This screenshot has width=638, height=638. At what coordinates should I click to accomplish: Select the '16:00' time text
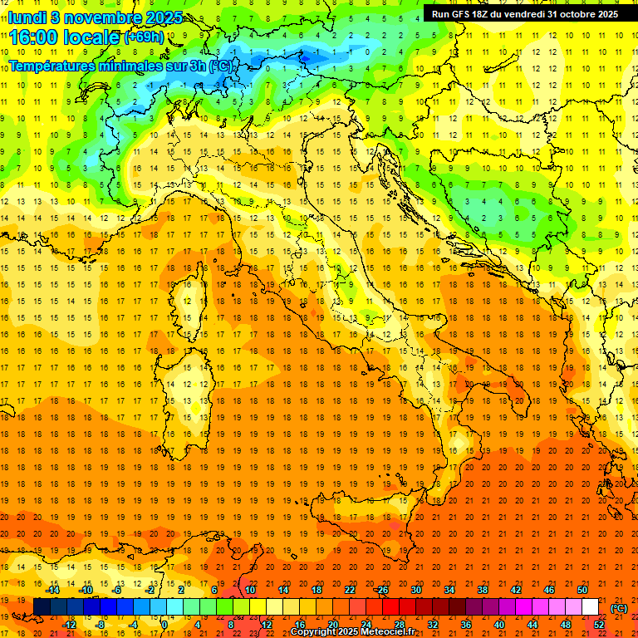point(35,37)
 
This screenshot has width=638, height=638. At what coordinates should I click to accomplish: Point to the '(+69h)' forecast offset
point(144,37)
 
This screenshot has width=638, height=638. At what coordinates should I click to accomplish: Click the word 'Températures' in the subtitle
point(52,65)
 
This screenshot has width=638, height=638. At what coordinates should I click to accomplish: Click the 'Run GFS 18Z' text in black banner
point(466,13)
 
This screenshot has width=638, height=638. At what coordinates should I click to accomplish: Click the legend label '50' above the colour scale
point(582,590)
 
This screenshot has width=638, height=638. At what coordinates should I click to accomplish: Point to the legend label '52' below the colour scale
point(599,625)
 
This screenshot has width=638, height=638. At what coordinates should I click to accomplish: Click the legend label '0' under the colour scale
point(166,625)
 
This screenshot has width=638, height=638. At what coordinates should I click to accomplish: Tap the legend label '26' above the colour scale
point(382,590)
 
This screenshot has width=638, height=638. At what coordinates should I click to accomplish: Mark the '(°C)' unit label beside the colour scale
point(619,608)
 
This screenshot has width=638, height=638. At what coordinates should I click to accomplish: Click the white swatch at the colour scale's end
point(590,607)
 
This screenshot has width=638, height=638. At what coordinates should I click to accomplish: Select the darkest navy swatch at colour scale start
point(42,607)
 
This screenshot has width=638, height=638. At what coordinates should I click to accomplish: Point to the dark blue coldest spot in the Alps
point(312,55)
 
